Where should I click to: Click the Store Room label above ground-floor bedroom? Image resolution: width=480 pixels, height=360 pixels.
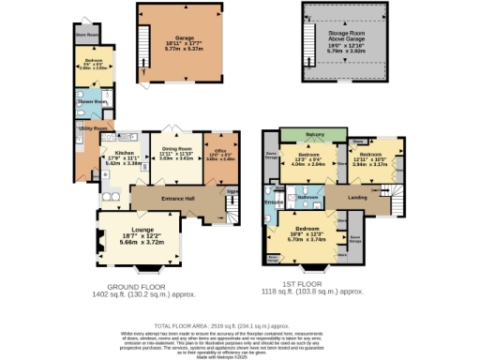pyautogui.click(x=87, y=37)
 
